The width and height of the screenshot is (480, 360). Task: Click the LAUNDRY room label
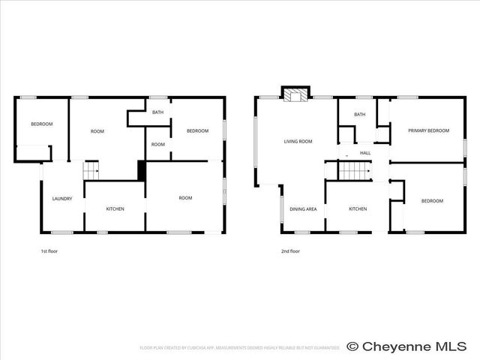pyautogui.click(x=62, y=199)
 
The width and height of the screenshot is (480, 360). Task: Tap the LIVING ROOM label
pyautogui.click(x=298, y=141)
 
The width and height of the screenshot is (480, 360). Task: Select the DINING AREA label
pyautogui.click(x=303, y=208)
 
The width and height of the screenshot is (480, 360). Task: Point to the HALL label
pyautogui.click(x=365, y=153)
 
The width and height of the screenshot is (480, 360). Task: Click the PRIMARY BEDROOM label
pyautogui.click(x=428, y=130)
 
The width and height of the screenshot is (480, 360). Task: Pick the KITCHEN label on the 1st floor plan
pyautogui.click(x=115, y=208)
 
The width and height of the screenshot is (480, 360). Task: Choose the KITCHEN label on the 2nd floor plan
pyautogui.click(x=358, y=208)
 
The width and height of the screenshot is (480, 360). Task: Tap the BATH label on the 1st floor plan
pyautogui.click(x=157, y=112)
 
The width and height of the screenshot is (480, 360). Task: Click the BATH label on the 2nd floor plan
pyautogui.click(x=360, y=115)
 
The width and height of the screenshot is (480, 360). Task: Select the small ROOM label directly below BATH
pyautogui.click(x=157, y=144)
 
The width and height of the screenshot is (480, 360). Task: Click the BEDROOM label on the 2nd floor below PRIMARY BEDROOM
pyautogui.click(x=432, y=201)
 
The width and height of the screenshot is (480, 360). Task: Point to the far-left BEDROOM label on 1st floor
pyautogui.click(x=41, y=124)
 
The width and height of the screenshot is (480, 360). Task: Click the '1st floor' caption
pyautogui.click(x=49, y=251)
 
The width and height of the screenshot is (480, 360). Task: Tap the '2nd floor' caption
pyautogui.click(x=290, y=251)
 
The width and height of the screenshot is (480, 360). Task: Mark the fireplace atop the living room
pyautogui.click(x=295, y=94)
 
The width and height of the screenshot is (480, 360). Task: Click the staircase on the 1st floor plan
pyautogui.click(x=91, y=171)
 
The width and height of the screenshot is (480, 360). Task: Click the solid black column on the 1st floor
pyautogui.click(x=141, y=170)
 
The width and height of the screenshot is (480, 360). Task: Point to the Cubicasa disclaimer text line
pyautogui.click(x=240, y=348)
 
